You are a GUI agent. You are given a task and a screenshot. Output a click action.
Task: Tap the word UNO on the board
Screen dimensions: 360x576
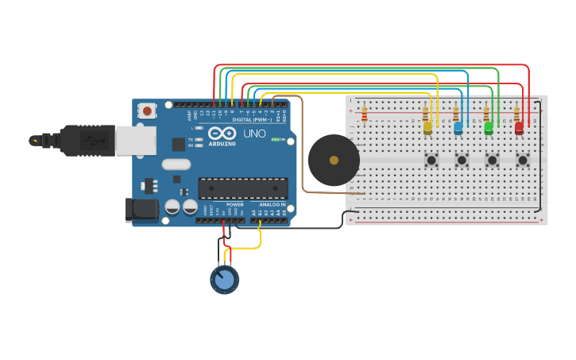254,134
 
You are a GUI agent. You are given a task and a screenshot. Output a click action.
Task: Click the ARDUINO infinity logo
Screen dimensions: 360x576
223,133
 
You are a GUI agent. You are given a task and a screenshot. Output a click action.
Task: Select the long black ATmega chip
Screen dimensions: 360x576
242,188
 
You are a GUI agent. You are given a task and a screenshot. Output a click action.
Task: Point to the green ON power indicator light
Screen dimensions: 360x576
275,139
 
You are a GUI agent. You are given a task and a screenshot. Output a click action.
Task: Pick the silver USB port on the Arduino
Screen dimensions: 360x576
134,141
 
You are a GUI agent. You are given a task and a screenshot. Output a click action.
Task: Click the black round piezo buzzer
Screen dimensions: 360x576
334,160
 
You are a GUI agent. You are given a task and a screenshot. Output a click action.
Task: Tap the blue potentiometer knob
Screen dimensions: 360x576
225,279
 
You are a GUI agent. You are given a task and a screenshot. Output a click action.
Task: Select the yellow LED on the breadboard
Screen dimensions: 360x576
427,126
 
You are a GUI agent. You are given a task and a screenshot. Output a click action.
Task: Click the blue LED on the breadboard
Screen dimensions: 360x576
458,127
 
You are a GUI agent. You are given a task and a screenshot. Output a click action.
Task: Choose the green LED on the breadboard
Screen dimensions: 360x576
488,126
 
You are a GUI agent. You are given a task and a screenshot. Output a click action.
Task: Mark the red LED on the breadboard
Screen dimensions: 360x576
519,126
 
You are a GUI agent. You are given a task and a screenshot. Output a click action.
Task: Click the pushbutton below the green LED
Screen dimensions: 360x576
492,160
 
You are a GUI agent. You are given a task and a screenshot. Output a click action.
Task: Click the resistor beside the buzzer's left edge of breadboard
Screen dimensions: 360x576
364,114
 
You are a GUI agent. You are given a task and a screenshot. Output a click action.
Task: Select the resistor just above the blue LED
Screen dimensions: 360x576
455,114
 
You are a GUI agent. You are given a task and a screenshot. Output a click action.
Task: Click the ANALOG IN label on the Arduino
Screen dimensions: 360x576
272,204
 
